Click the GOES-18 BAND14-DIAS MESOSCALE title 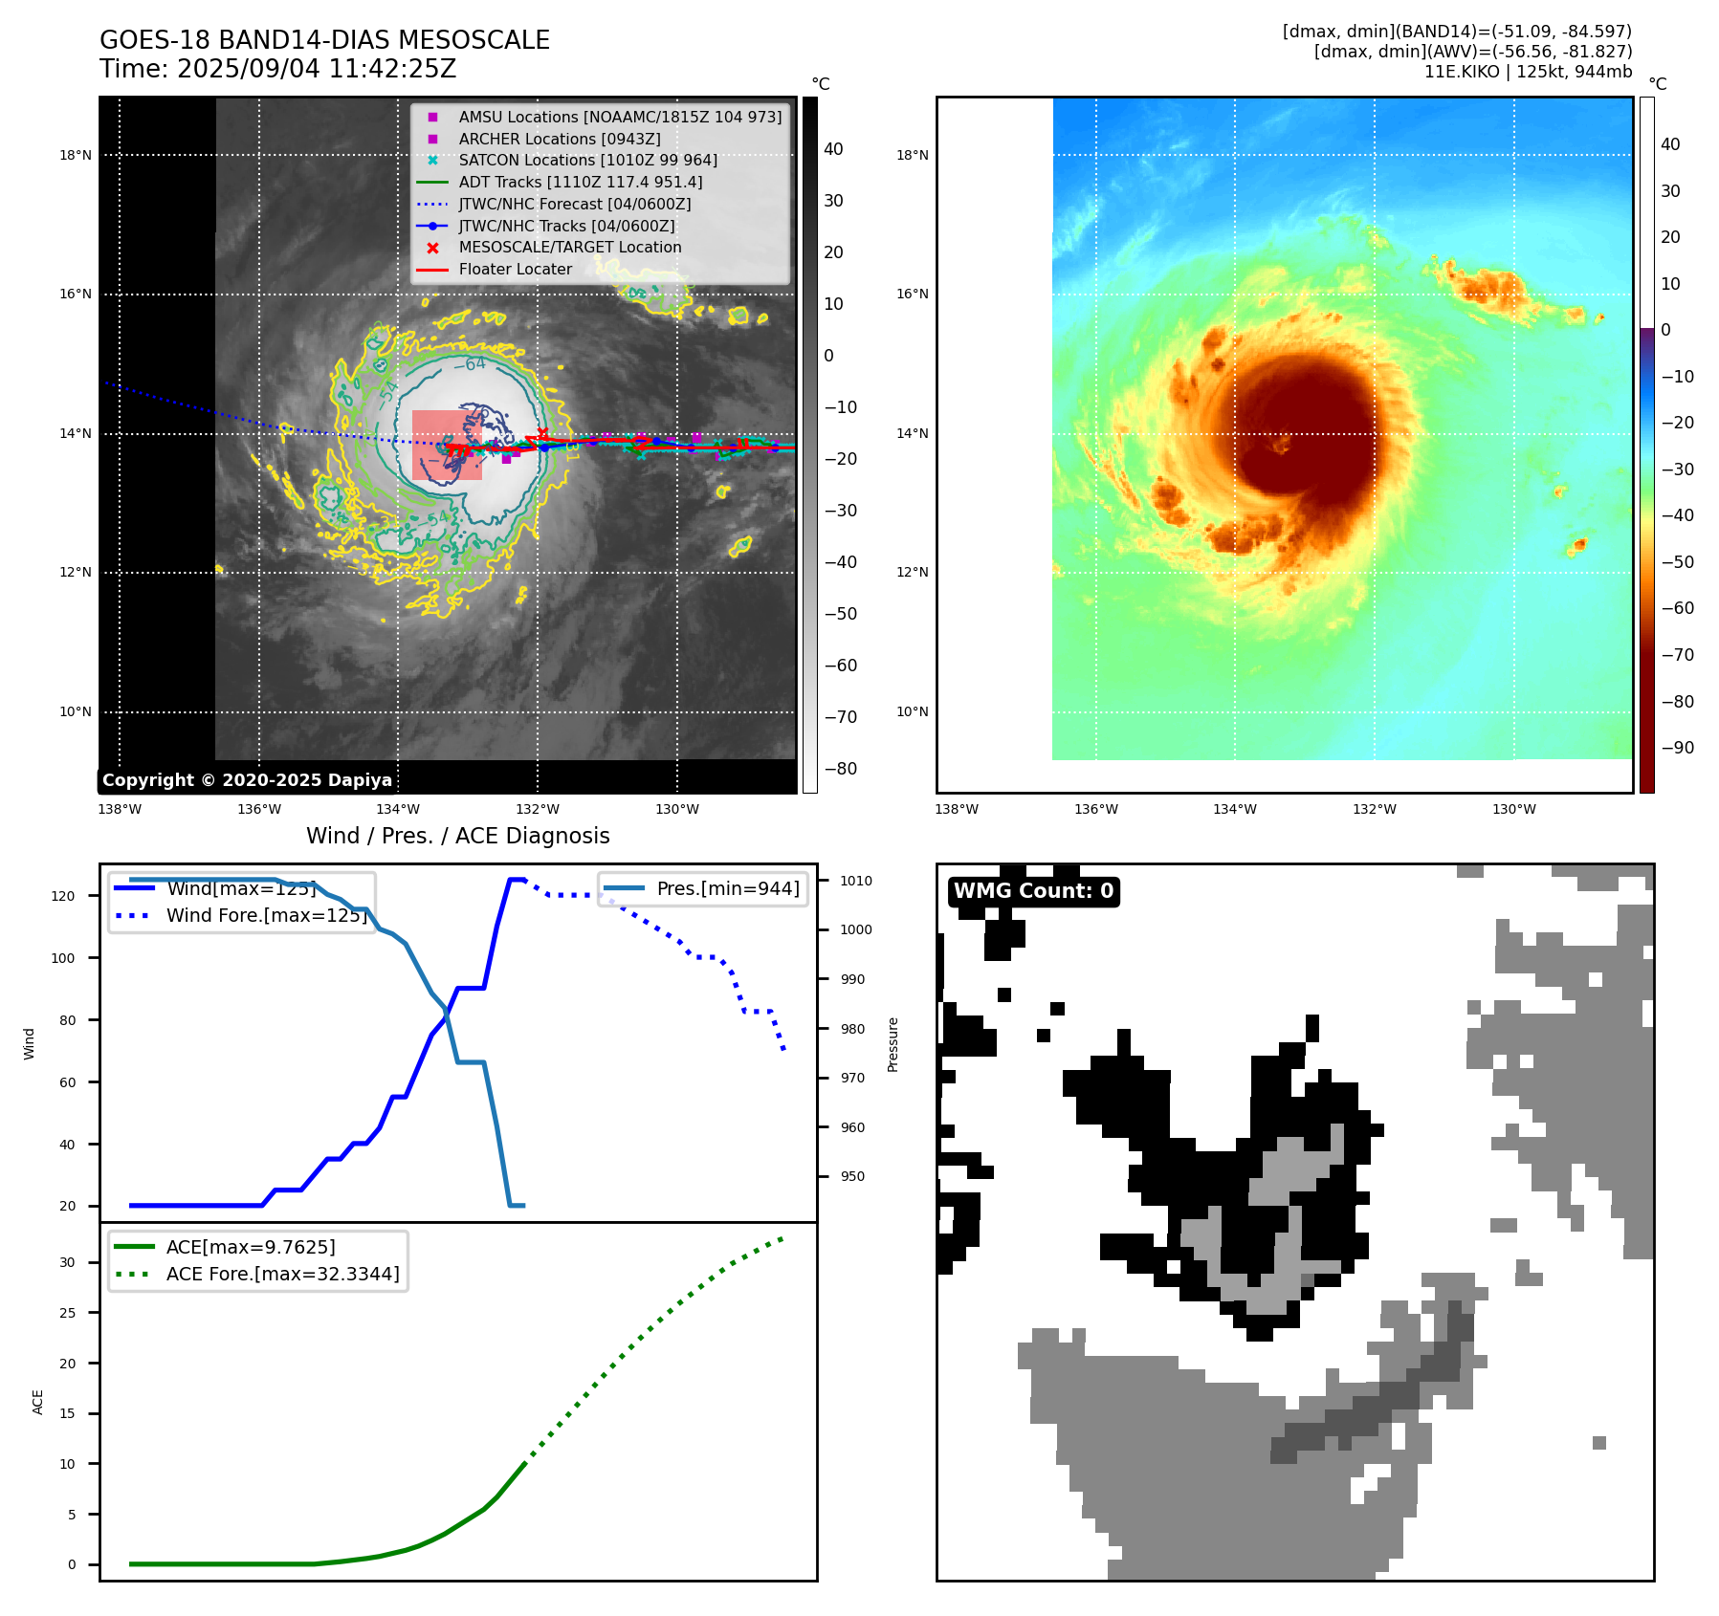pos(324,40)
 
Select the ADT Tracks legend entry pos(580,182)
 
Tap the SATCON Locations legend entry pos(587,160)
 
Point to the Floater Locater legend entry pos(515,269)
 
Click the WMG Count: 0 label pos(1033,891)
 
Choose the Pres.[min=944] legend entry pos(727,888)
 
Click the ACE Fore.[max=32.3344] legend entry pos(282,1274)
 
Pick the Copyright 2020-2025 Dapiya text pos(247,780)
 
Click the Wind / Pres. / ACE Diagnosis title pos(457,836)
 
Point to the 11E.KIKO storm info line pos(1528,72)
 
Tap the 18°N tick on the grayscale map pos(76,155)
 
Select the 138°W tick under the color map pos(957,809)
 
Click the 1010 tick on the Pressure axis pos(856,881)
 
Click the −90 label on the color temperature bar pos(1677,748)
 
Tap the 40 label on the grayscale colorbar pos(833,149)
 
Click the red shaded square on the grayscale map pos(447,445)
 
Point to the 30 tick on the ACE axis pos(67,1262)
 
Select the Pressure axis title pos(893,1044)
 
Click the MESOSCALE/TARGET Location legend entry pos(569,247)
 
